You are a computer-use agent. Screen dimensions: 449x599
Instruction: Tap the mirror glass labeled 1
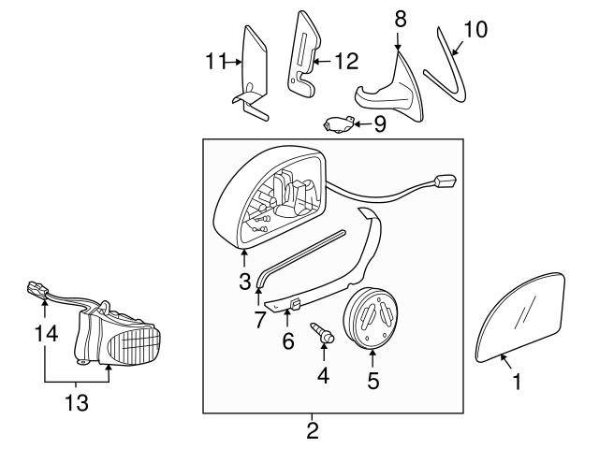point(522,313)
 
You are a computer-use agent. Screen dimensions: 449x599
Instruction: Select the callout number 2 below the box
point(313,431)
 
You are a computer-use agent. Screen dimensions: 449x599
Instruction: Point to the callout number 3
point(244,280)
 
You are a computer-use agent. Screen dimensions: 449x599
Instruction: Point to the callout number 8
point(401,19)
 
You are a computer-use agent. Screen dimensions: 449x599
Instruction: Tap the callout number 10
point(475,29)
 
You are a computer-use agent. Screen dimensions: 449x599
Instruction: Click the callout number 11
point(216,63)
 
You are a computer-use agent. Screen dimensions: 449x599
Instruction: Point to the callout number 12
point(347,63)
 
